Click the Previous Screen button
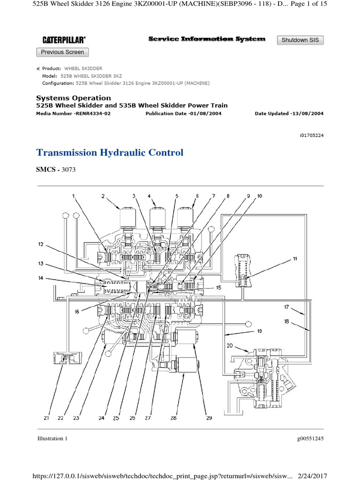click(x=62, y=52)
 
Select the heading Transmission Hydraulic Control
click(x=110, y=153)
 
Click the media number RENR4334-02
click(x=94, y=113)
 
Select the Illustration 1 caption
click(x=52, y=439)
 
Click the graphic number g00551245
click(x=310, y=439)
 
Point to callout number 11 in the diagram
click(x=294, y=259)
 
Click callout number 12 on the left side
click(x=41, y=244)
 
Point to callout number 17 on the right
click(x=285, y=307)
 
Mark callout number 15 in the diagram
click(x=218, y=287)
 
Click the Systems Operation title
click(x=74, y=98)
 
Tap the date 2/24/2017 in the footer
click(x=311, y=475)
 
